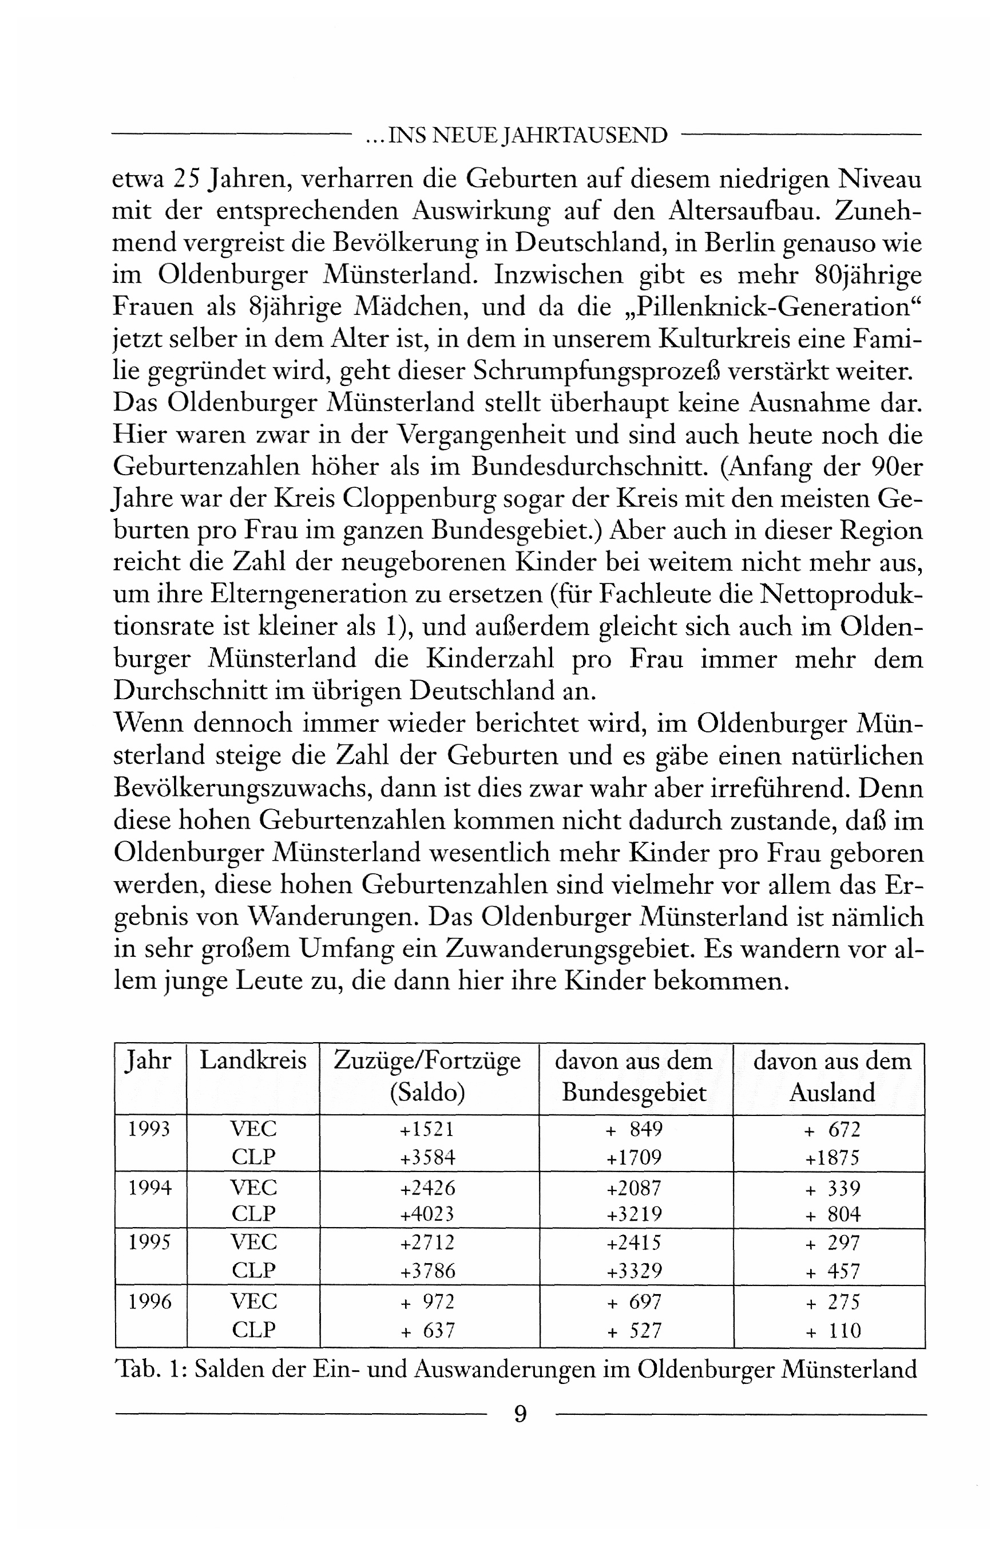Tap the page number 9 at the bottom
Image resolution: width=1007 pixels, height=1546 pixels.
tap(520, 1414)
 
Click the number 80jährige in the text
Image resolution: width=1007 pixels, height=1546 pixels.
tap(867, 275)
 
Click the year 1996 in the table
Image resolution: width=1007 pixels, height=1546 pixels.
tap(149, 1302)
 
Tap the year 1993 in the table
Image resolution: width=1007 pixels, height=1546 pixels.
tap(149, 1129)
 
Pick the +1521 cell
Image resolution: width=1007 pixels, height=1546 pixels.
tap(427, 1129)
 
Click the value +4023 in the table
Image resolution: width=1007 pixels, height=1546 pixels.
tap(427, 1213)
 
